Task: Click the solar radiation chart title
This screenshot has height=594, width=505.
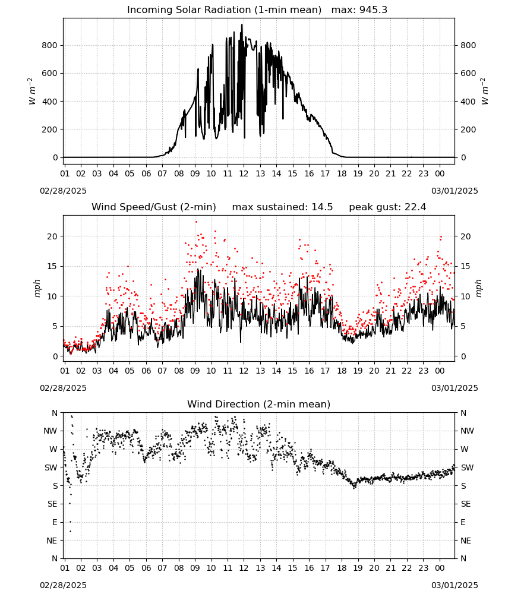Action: pos(224,10)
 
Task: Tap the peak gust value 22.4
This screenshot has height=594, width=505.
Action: pos(415,207)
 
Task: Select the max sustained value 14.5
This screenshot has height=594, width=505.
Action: pos(322,207)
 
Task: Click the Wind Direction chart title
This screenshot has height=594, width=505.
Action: pos(259,404)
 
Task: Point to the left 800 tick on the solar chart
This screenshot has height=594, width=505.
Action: pos(49,46)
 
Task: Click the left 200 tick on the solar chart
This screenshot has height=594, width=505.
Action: pos(49,129)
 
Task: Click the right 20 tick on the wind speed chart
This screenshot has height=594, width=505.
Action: pos(466,236)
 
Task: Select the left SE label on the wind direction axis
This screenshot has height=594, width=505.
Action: pos(52,504)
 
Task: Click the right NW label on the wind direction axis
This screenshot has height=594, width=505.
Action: pos(467,431)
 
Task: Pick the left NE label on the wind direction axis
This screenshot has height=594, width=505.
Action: pos(52,541)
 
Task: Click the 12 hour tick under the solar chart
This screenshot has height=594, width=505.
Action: pos(244,173)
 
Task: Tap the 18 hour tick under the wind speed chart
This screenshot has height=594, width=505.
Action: pos(342,371)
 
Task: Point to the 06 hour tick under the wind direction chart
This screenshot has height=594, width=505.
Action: pos(146,568)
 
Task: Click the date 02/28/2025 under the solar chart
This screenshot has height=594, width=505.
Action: pos(63,191)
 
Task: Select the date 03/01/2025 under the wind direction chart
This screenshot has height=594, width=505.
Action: pos(454,585)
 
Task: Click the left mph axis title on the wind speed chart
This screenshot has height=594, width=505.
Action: pos(37,288)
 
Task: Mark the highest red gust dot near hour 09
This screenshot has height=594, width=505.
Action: pos(196,222)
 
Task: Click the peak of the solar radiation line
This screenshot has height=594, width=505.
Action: pos(242,24)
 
